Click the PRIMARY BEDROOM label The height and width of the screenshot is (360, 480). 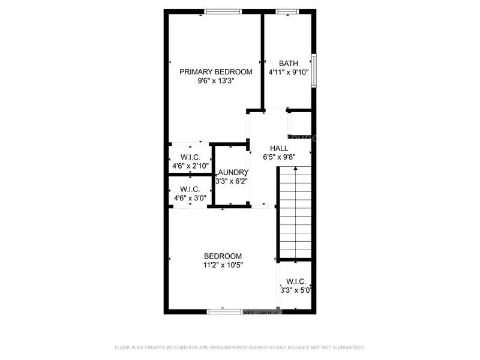coord(216,72)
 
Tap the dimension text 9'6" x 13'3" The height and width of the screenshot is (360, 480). coord(216,81)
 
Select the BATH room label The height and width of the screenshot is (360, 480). coord(289,63)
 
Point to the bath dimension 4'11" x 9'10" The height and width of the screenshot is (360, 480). coord(289,72)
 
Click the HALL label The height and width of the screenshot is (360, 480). coord(279,148)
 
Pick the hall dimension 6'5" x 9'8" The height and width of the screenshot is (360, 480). coord(279,157)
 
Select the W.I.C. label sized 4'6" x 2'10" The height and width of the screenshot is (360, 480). coord(190,157)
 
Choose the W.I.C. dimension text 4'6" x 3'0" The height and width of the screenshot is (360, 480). coord(190,197)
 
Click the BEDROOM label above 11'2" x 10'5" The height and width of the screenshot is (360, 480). coord(223,256)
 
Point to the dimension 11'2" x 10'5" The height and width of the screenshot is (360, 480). coord(223,265)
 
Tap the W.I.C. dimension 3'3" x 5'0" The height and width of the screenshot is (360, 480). coord(296,290)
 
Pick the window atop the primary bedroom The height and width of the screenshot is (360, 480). coord(223,11)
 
